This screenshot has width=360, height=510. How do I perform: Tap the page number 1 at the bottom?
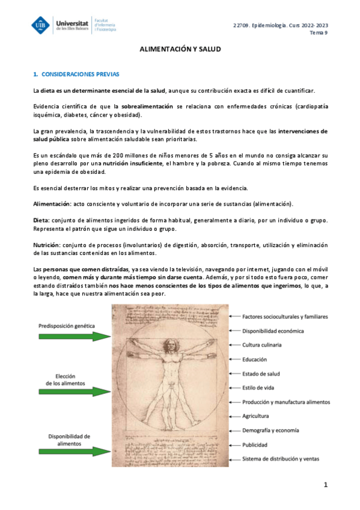pos(325,485)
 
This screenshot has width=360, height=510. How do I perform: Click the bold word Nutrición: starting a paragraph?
pos(46,244)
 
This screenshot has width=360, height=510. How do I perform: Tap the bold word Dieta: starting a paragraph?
pos(41,221)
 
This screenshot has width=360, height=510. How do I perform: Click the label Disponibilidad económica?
pos(273,330)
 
